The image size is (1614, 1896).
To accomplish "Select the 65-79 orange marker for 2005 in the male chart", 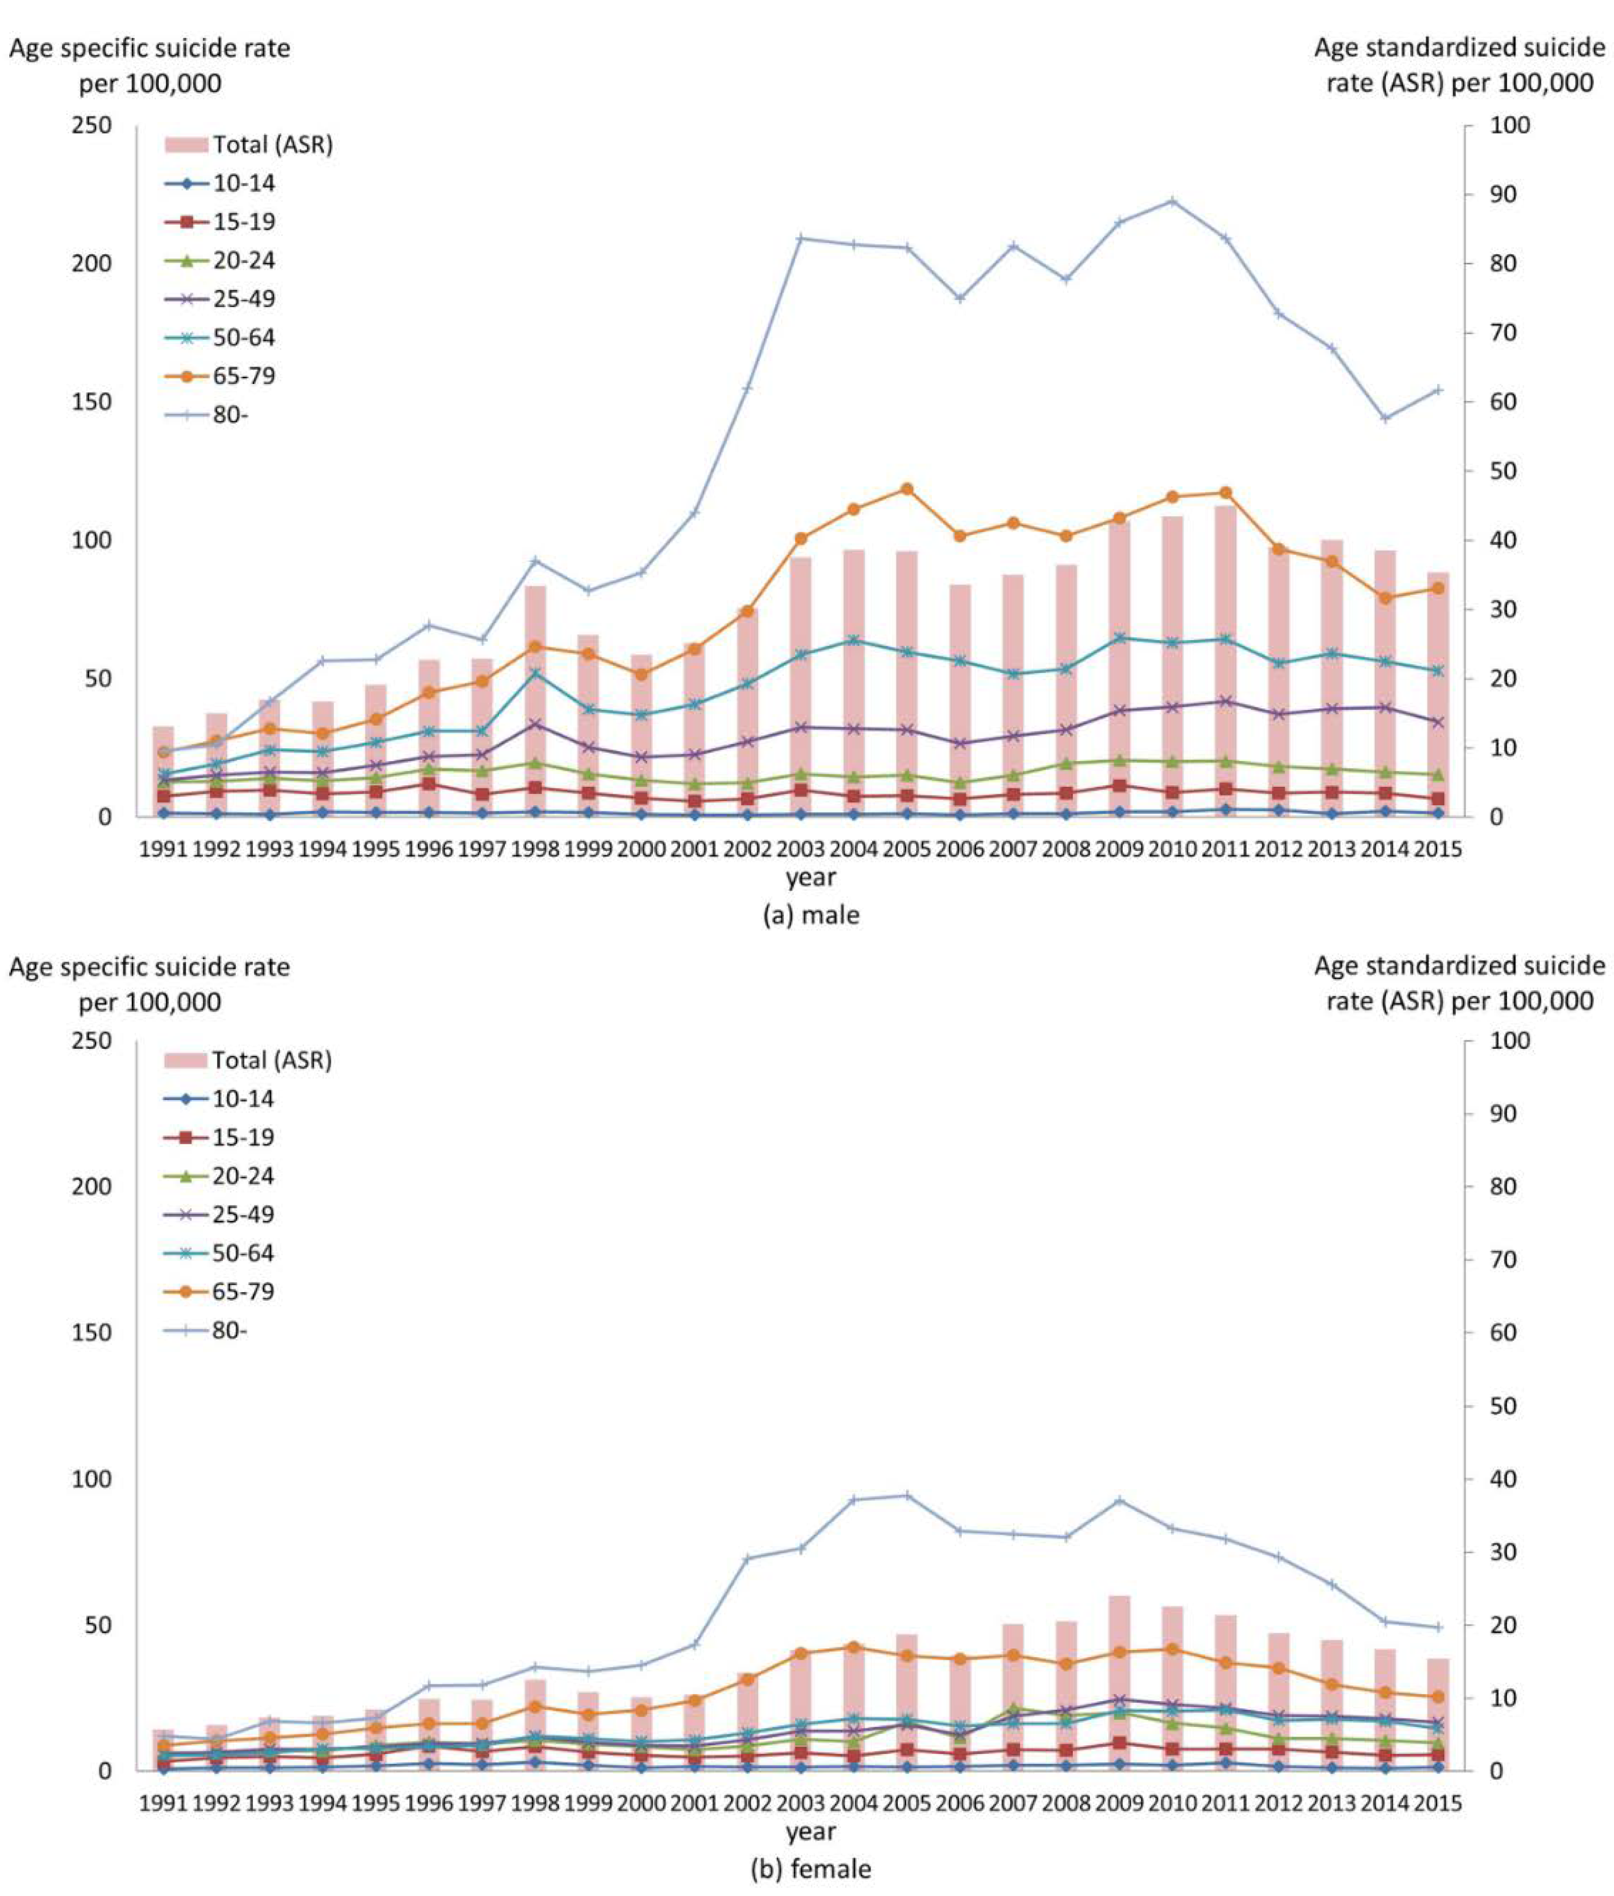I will point(907,488).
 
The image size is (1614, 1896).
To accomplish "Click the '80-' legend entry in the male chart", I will point(231,415).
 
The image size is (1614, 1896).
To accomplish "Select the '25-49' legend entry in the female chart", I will point(242,1214).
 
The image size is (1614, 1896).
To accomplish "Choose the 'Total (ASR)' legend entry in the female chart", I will point(271,1059).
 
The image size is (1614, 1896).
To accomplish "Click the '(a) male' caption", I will point(811,915).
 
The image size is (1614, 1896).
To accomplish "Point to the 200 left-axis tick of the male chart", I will point(92,263).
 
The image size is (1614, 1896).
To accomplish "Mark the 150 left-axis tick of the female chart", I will point(92,1332).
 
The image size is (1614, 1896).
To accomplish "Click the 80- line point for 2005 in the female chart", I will point(907,1495).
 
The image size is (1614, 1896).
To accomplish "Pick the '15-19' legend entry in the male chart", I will point(243,221).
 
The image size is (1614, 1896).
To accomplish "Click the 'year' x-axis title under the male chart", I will point(811,878).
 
